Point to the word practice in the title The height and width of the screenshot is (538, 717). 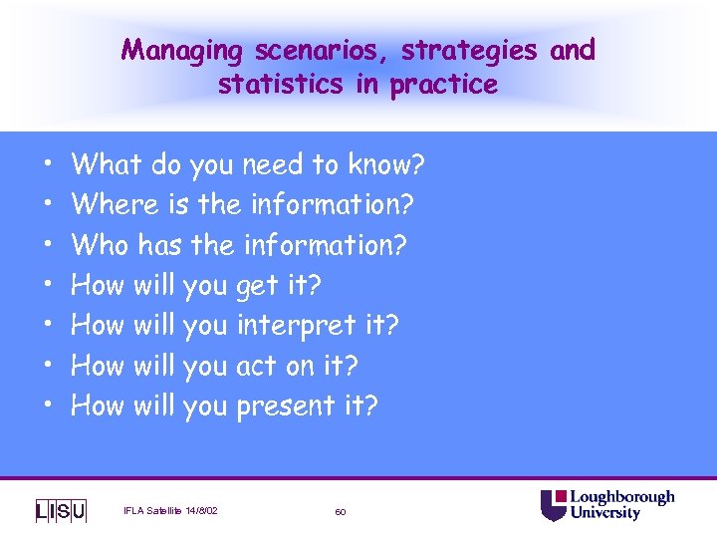[x=443, y=86]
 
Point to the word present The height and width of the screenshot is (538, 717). [x=285, y=406]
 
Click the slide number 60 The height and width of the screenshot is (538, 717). [x=341, y=512]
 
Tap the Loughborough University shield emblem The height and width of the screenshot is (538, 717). [x=554, y=505]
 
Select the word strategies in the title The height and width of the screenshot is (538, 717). [x=454, y=51]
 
